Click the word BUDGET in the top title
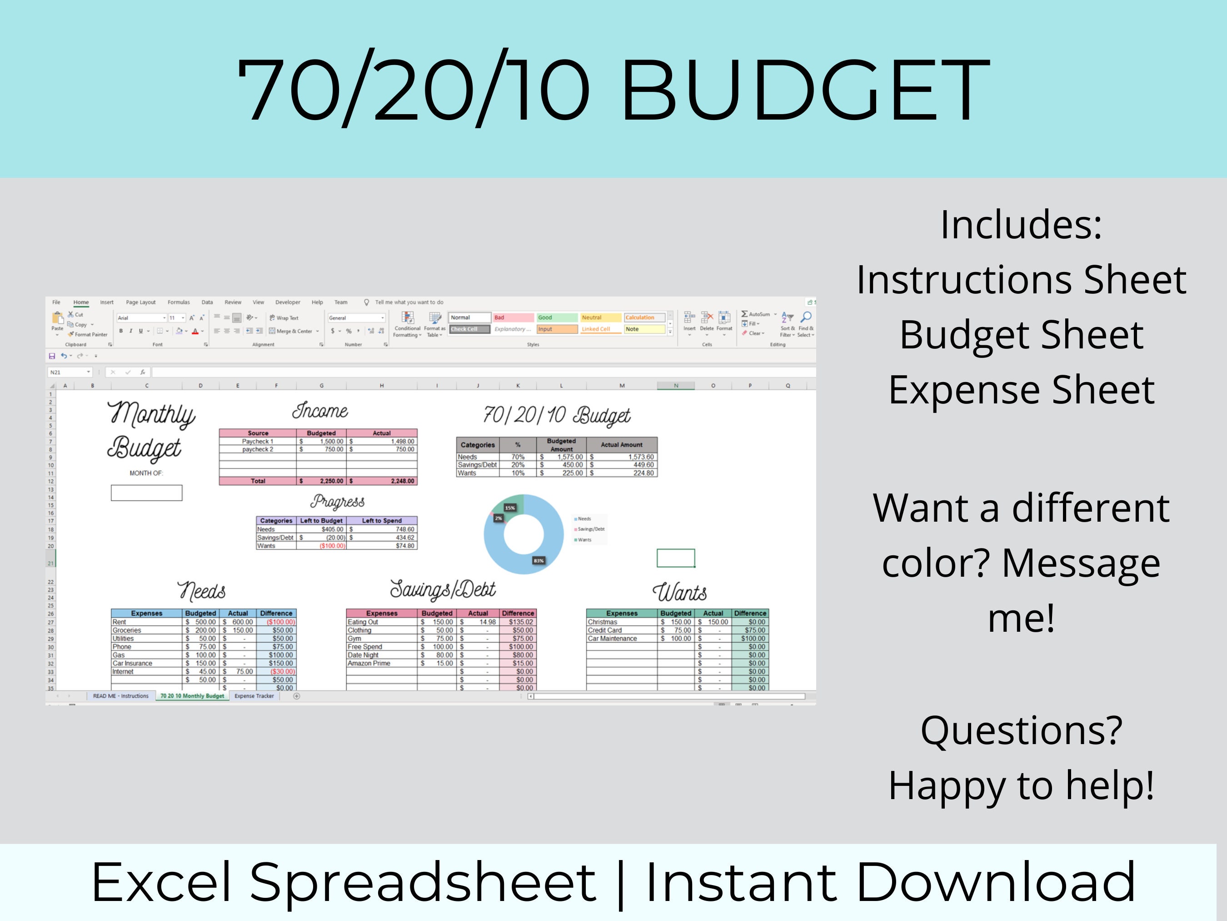pos(804,89)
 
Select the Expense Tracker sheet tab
pos(254,695)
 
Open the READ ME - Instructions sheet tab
pos(120,695)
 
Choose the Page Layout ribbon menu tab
pos(140,302)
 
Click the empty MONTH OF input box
pos(146,493)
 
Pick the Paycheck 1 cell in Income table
pos(257,441)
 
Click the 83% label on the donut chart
pos(539,561)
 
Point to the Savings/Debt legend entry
pos(591,529)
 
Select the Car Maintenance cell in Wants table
pos(613,639)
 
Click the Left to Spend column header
pos(382,521)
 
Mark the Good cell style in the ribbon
pos(556,317)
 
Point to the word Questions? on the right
pos(1021,730)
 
